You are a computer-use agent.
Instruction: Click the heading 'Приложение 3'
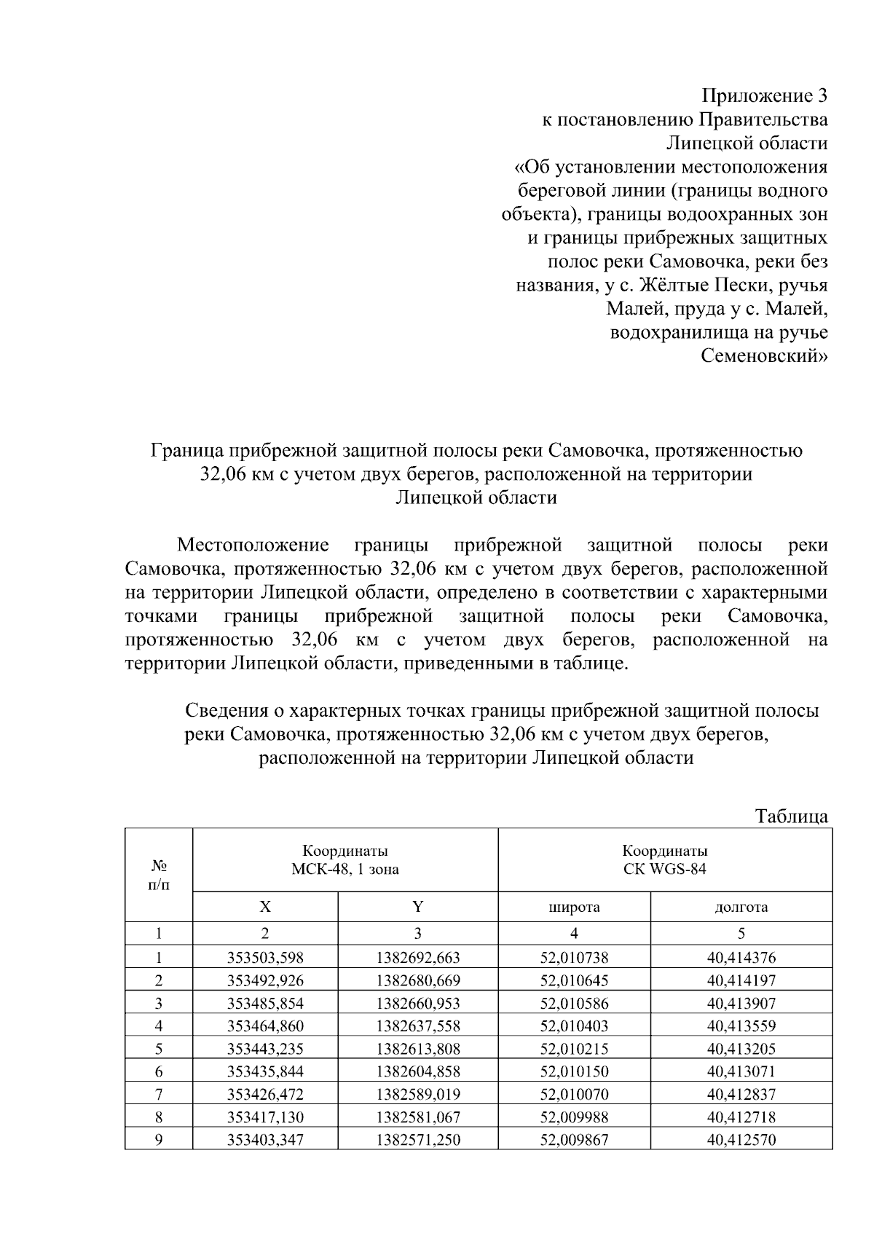tap(764, 96)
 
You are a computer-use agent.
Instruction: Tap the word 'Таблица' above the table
tap(791, 816)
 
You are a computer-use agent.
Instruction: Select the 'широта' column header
tap(574, 907)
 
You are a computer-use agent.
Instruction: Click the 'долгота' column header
tap(741, 907)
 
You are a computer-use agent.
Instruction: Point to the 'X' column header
tap(265, 907)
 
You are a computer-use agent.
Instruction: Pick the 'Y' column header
tap(417, 907)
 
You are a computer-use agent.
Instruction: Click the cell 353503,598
tap(265, 958)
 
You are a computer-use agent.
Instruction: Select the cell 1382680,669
tap(417, 980)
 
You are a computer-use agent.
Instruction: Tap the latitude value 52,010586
tap(574, 1003)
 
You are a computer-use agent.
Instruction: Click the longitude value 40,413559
tap(741, 1026)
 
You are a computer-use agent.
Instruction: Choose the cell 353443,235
tap(265, 1049)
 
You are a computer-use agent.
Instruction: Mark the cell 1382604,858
tap(417, 1071)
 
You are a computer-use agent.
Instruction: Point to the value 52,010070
tap(574, 1094)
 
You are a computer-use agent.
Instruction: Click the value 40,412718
tap(741, 1117)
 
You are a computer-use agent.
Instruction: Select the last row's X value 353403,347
tap(265, 1140)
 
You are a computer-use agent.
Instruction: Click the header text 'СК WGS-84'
tap(664, 869)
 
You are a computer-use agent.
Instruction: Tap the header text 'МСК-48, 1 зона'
tap(345, 869)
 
